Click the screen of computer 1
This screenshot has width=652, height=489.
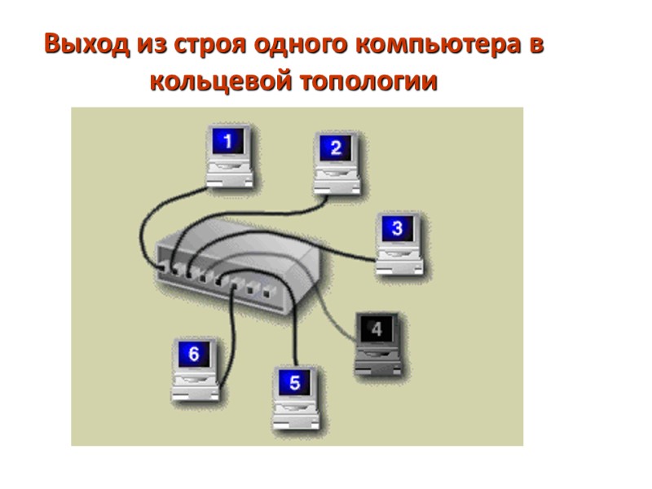click(227, 142)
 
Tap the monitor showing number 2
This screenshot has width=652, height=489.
click(335, 148)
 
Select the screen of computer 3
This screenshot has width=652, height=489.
click(397, 229)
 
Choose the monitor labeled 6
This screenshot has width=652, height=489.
click(194, 355)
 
